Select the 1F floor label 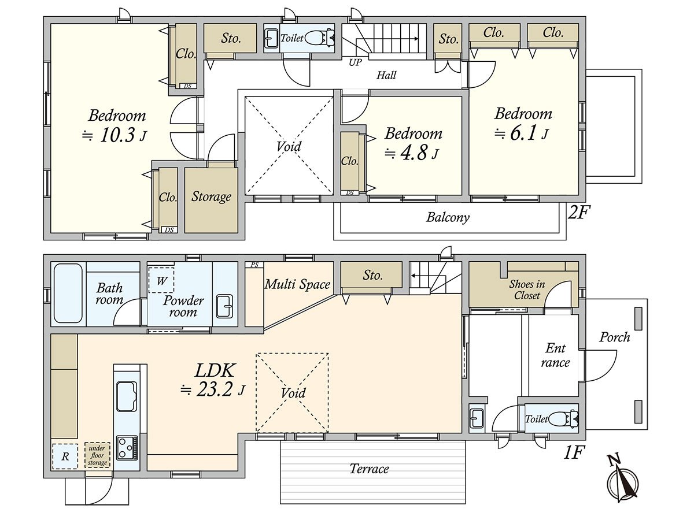coord(573,452)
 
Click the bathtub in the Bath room coord(68,294)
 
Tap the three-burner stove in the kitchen coord(127,448)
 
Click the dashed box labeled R coord(65,456)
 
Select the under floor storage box coord(97,455)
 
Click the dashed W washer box coord(161,280)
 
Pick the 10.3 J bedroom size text coord(115,135)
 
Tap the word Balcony coord(448,217)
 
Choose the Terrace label coord(370,469)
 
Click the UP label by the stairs coord(355,62)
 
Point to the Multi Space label coord(297,284)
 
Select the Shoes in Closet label coord(527,289)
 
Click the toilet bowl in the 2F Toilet coord(319,38)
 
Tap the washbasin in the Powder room coord(224,306)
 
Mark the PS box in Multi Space coord(254,265)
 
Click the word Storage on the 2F coord(211,196)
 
